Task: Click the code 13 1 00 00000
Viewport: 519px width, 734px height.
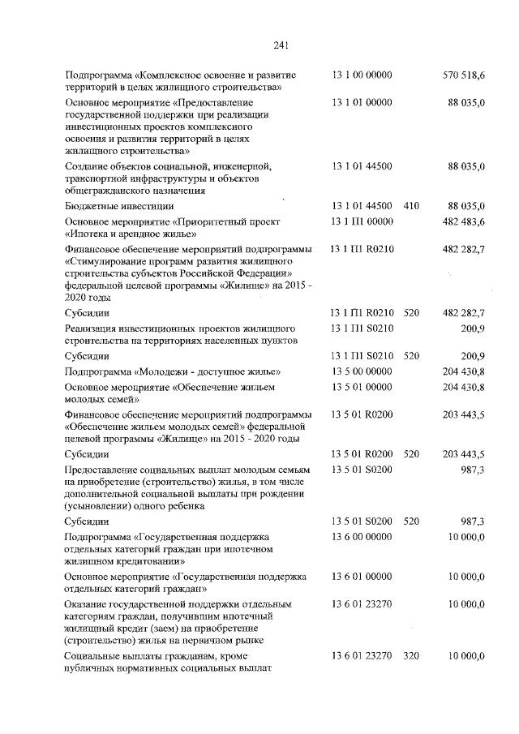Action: tap(362, 75)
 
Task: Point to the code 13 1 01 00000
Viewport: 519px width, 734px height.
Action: tap(362, 103)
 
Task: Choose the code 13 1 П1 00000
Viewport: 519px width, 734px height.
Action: tap(362, 222)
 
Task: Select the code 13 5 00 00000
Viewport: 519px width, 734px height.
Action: tap(362, 371)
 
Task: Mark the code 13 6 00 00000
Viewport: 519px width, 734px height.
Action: tap(362, 537)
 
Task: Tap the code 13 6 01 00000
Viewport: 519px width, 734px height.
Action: tap(362, 576)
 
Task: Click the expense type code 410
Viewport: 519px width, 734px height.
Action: tap(411, 206)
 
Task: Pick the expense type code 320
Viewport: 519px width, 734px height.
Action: tap(411, 655)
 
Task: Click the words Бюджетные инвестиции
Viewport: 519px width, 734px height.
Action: tap(108, 207)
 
